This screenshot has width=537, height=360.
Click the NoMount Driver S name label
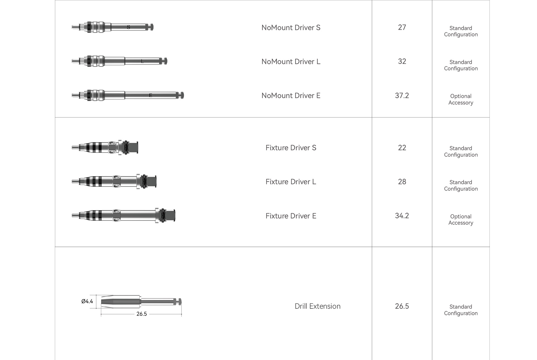coord(291,27)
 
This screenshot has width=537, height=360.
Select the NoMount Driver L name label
coord(291,62)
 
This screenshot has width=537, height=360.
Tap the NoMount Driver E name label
coord(291,96)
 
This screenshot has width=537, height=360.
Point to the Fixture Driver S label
coord(291,148)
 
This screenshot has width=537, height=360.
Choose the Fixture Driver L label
coord(291,182)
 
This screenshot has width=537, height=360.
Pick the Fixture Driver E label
coord(291,216)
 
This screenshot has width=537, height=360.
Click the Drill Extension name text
coord(318,306)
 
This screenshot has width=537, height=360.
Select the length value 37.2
coord(402,96)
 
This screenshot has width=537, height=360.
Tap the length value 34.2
coord(402,216)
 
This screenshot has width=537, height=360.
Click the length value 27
coord(402,27)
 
